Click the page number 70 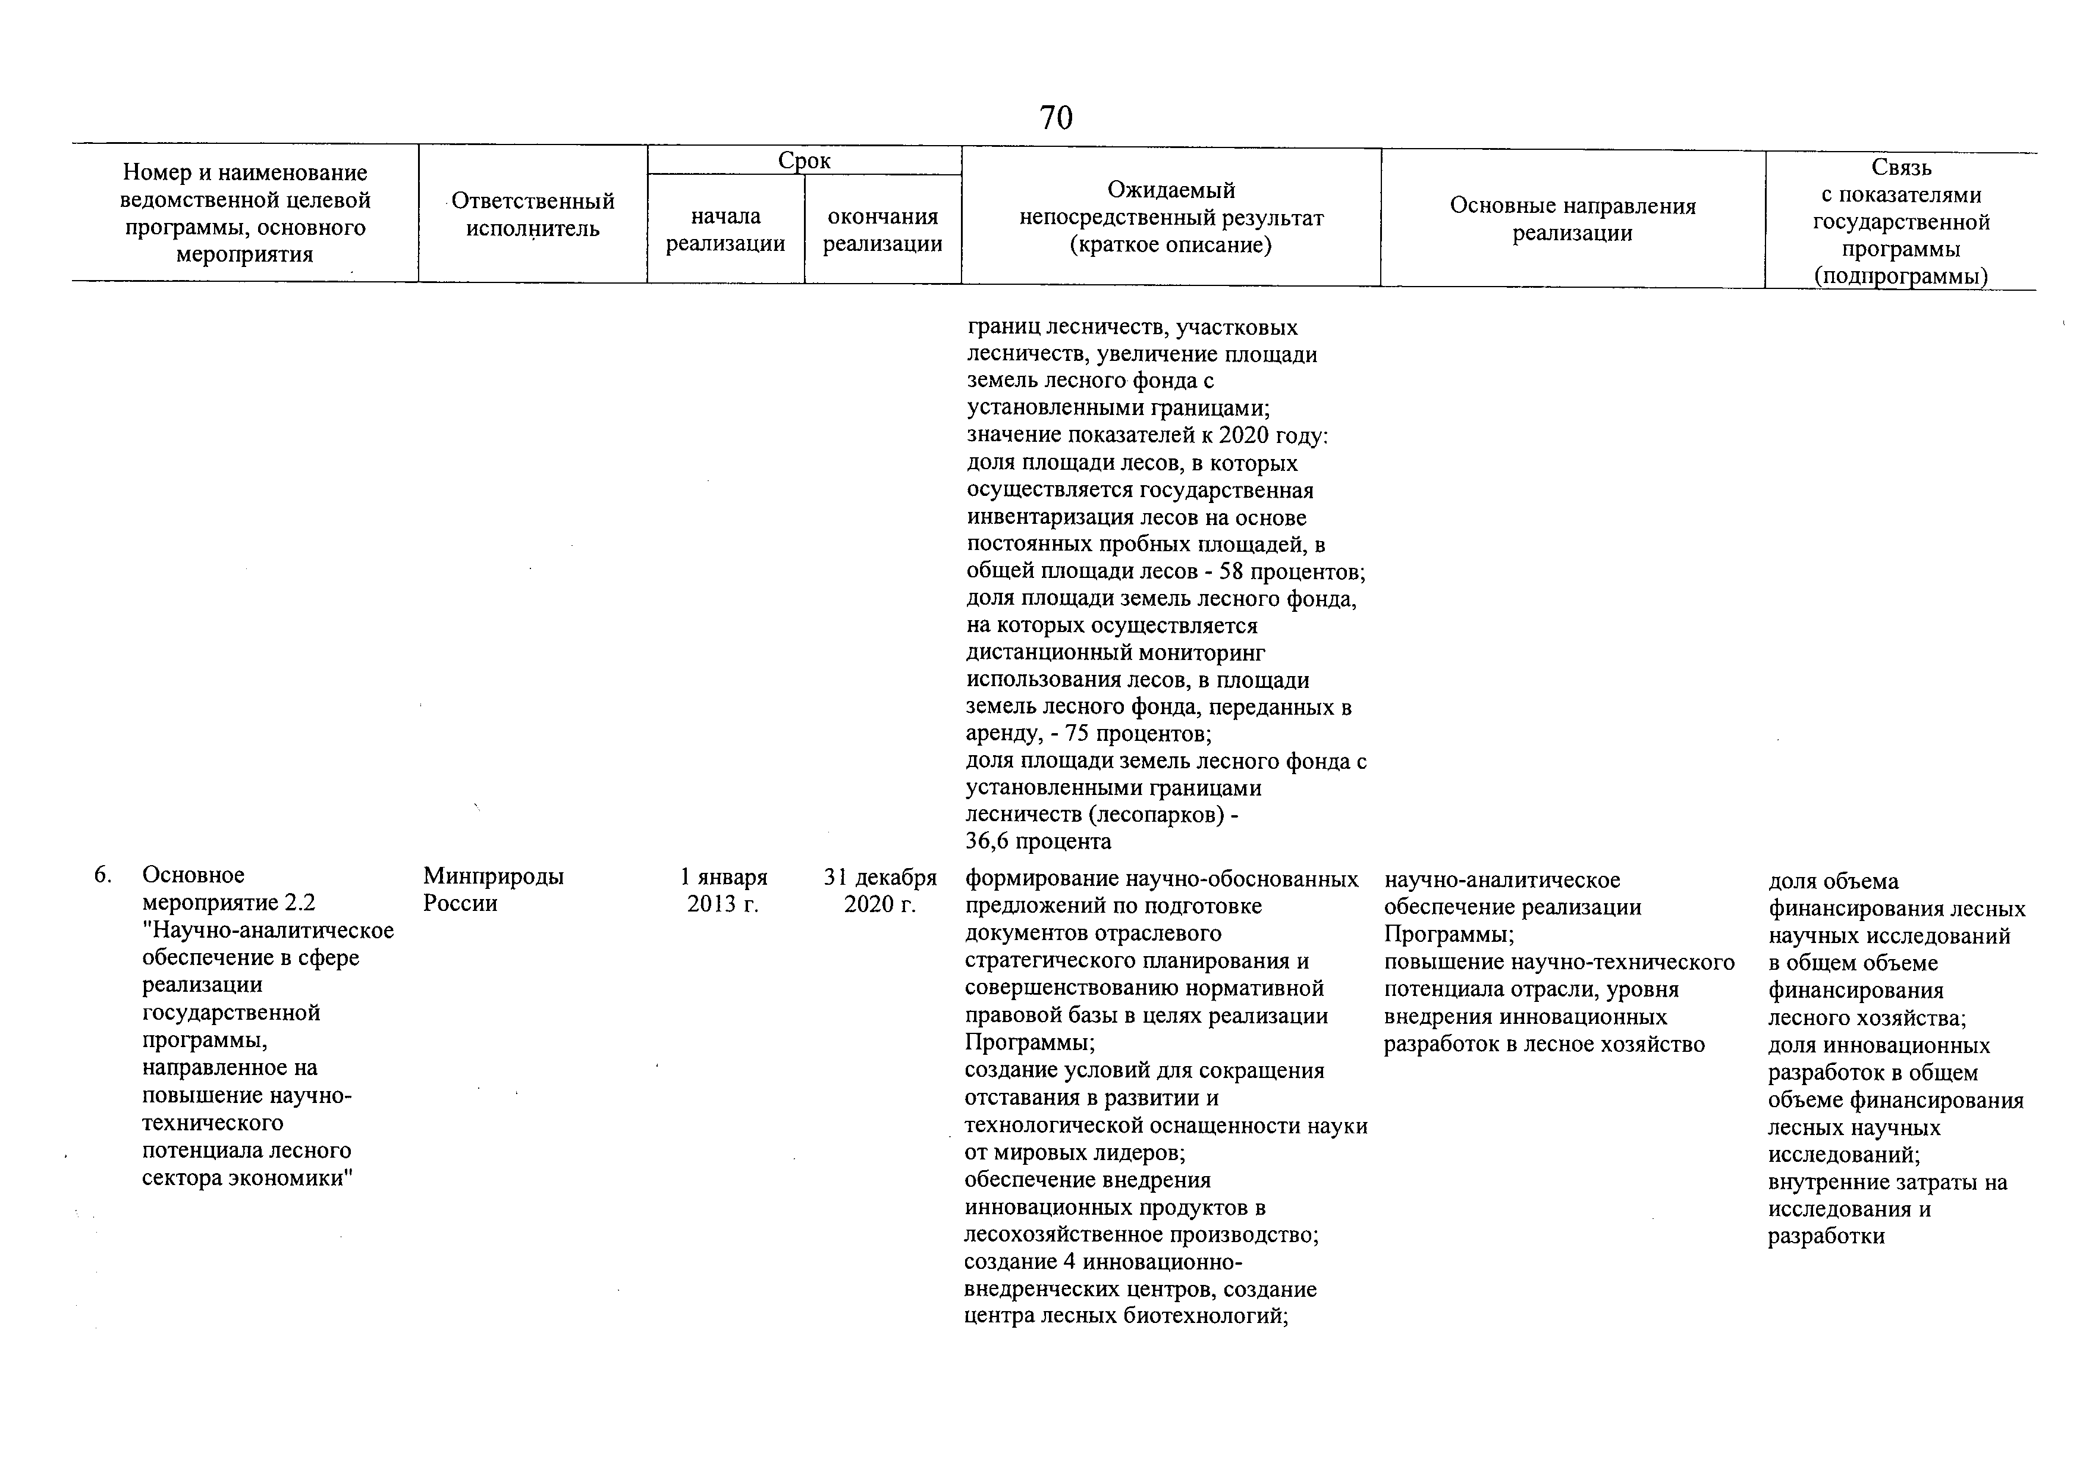click(x=1055, y=118)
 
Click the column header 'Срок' click(x=804, y=161)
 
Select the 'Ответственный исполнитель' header click(x=532, y=214)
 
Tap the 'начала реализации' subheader click(x=725, y=230)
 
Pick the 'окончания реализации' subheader click(x=882, y=230)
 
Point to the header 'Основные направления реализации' click(x=1573, y=219)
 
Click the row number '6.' click(x=103, y=875)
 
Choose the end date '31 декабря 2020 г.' click(x=879, y=890)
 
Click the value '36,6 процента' click(x=1038, y=842)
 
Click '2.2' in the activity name click(x=299, y=903)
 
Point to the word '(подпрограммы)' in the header click(x=1900, y=276)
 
